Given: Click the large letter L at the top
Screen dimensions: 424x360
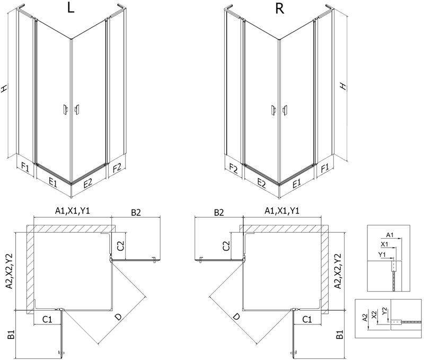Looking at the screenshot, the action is [x=70, y=8].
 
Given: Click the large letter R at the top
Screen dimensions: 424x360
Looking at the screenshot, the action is [x=280, y=8].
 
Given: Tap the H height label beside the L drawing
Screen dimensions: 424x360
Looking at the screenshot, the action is [x=4, y=88].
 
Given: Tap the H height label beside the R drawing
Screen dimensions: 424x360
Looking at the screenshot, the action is [x=343, y=86].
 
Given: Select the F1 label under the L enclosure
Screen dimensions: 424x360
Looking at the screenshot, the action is [x=25, y=167].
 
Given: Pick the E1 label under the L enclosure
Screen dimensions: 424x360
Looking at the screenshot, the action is [x=53, y=183].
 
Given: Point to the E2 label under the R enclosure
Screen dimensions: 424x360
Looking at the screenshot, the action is [x=261, y=183].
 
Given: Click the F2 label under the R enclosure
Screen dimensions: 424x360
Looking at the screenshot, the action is [x=234, y=169].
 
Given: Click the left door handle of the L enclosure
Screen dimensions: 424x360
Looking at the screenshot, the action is [x=65, y=110].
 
